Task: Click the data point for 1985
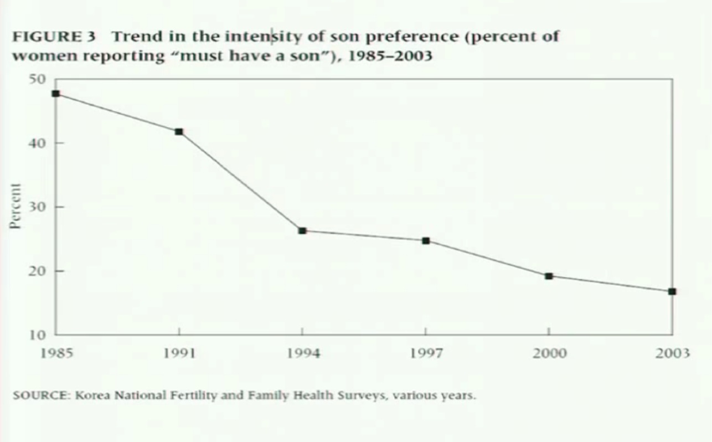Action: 56,94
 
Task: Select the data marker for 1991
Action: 179,132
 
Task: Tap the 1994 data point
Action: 302,230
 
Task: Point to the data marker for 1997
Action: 426,241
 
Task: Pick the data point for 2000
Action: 549,276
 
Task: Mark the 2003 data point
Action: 672,291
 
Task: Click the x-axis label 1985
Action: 56,353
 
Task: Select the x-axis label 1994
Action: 303,353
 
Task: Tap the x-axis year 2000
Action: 549,353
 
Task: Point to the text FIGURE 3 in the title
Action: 54,38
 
